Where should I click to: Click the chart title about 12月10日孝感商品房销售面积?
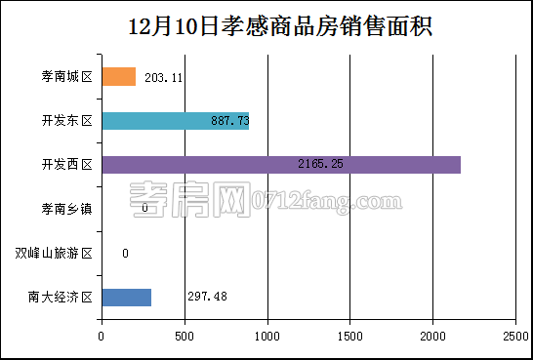[266, 26]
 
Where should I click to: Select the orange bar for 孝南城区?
[118, 76]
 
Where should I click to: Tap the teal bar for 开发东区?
[175, 121]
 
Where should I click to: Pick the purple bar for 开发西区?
[280, 165]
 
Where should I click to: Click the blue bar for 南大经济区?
[126, 298]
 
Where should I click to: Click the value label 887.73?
[230, 121]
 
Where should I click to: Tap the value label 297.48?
[207, 298]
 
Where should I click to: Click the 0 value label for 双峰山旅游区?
[125, 254]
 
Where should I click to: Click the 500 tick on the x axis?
[184, 337]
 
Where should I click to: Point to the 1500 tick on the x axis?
[350, 337]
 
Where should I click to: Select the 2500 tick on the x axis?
[515, 337]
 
